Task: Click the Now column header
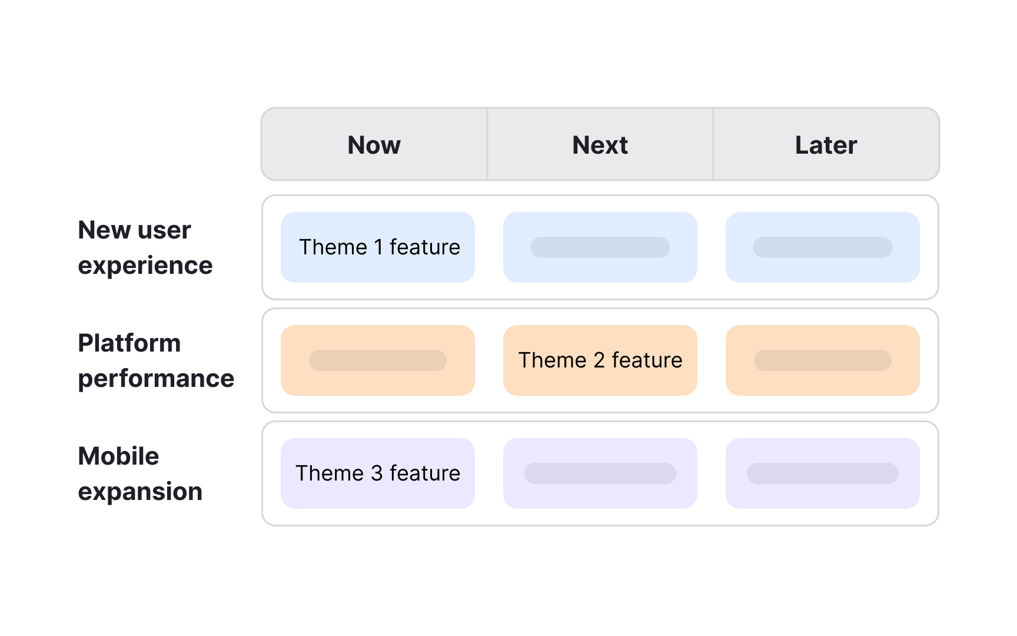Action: [x=374, y=145]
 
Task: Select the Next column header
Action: [x=600, y=145]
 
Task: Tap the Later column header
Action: [x=826, y=145]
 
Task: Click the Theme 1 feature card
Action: [x=378, y=247]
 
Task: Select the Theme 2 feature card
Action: [x=600, y=360]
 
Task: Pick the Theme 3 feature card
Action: [x=378, y=473]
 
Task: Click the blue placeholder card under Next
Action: [x=600, y=247]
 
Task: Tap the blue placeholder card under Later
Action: [x=822, y=247]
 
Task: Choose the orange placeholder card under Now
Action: [x=378, y=360]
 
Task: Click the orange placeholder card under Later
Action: [x=822, y=360]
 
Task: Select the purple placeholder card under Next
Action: [x=600, y=473]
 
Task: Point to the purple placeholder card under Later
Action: [x=822, y=473]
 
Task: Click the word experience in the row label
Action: [x=145, y=266]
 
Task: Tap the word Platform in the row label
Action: [x=129, y=343]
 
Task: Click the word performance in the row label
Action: [x=156, y=379]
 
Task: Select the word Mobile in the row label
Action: [x=118, y=456]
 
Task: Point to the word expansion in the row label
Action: [x=140, y=492]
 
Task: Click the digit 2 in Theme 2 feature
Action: [x=599, y=360]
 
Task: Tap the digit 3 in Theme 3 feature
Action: [x=377, y=473]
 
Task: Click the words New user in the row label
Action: [x=134, y=230]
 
